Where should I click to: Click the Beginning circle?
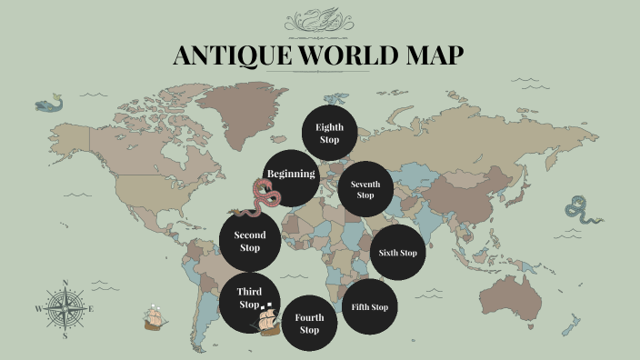tap(291, 175)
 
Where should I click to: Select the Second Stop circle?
tap(250, 241)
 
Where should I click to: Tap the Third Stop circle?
tap(247, 298)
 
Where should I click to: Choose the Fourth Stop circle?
tap(309, 324)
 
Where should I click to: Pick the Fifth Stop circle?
tap(369, 307)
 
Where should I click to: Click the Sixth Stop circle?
tap(398, 253)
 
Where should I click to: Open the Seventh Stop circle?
tap(365, 189)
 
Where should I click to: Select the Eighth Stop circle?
tap(329, 134)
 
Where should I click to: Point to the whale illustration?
tap(50, 104)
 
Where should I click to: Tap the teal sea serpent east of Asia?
tap(580, 210)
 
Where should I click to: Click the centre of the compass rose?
tap(65, 309)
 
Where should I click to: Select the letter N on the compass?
tap(65, 283)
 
